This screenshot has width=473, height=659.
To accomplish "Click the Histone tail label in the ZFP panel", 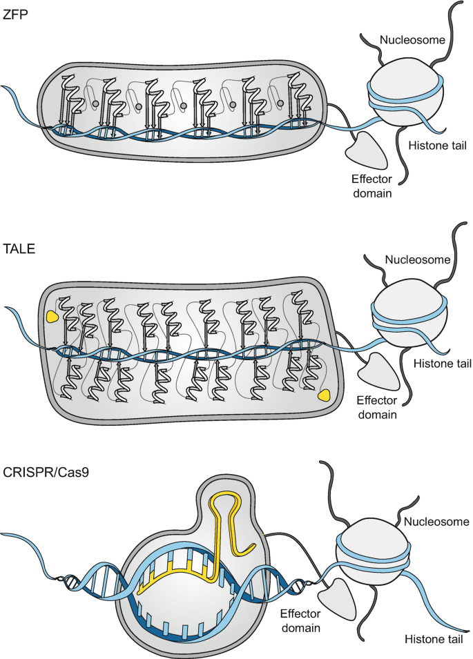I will coord(436,145).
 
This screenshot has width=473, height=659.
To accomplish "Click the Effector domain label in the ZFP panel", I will coord(369,185).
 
